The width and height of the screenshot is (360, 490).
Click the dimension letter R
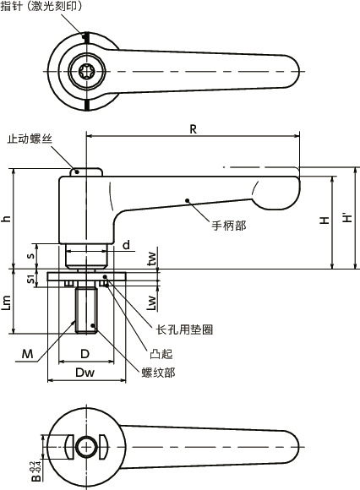194,129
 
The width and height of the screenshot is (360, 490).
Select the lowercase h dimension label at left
7,218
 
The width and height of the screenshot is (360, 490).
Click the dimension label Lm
7,301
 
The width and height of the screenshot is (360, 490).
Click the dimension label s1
31,279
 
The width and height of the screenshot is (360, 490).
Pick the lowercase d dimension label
125,245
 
